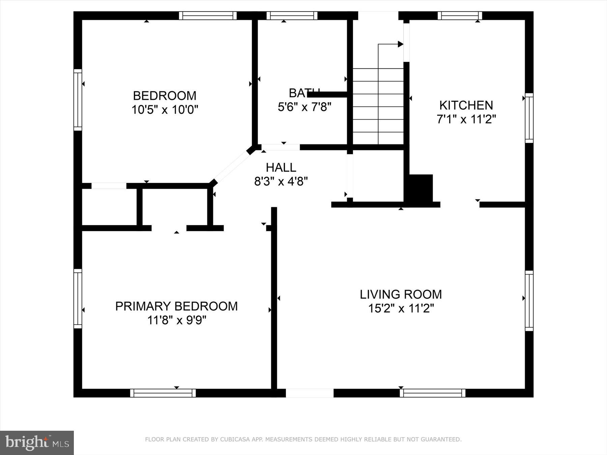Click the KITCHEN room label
tap(466, 105)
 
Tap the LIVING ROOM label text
tap(401, 295)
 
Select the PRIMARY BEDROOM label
tap(176, 306)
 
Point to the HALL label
tap(281, 168)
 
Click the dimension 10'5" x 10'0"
tap(165, 110)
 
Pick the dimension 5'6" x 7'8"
tap(305, 107)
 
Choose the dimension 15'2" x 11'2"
tap(401, 308)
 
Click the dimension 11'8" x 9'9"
tap(176, 320)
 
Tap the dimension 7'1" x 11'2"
tap(466, 119)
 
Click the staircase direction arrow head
tap(401, 44)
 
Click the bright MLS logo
tap(37, 443)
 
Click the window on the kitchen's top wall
tap(460, 16)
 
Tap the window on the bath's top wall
tap(292, 16)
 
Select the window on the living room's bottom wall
tap(432, 393)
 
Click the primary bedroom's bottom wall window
tap(163, 393)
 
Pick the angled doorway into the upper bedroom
tap(233, 166)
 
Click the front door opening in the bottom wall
tap(310, 393)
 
